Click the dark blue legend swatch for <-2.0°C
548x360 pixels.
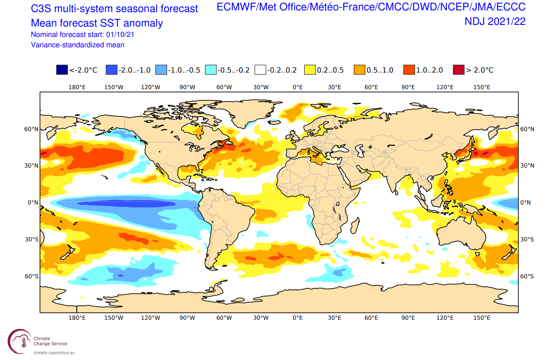[62, 70]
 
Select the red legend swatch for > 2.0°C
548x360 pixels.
[458, 70]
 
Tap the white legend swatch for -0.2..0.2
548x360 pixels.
[260, 70]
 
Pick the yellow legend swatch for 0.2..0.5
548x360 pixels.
[310, 70]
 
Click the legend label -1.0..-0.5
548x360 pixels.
[184, 70]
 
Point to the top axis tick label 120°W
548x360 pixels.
[150, 87]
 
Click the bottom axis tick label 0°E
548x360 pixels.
[298, 318]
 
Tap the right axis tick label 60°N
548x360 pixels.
[527, 129]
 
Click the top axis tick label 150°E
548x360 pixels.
[482, 87]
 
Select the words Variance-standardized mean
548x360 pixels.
[78, 45]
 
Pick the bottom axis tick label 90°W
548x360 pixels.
[187, 318]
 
